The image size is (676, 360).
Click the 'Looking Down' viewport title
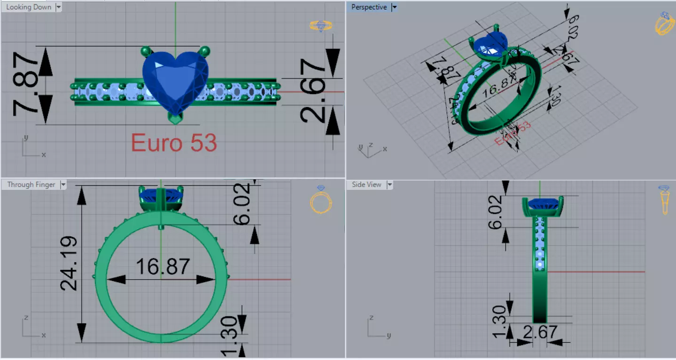[x=28, y=7]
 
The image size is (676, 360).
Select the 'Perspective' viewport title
[x=369, y=7]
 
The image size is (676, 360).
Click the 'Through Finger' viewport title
[x=31, y=185]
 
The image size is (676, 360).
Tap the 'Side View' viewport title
[x=366, y=185]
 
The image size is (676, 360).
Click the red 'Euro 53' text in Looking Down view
[x=174, y=142]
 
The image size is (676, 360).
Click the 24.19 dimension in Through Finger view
[x=70, y=263]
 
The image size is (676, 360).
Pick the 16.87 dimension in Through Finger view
[x=163, y=267]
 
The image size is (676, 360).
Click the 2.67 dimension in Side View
[x=540, y=333]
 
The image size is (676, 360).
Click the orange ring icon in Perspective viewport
[x=664, y=23]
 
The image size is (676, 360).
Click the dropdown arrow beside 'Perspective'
[x=394, y=7]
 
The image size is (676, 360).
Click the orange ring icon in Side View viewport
[x=664, y=200]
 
